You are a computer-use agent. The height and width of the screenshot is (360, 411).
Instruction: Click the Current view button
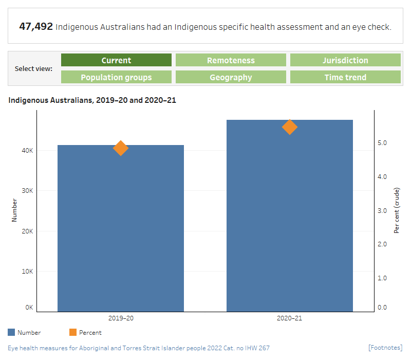116,60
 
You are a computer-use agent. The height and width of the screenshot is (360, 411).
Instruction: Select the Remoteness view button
231,60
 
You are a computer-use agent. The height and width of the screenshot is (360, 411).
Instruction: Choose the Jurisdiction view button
345,60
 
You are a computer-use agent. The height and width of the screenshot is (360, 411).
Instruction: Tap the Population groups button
116,77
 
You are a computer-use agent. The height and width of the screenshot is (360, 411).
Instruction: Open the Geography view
231,77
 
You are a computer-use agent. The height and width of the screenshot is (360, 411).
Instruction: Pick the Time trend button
345,77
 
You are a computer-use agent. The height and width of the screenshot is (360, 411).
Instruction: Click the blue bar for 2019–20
121,231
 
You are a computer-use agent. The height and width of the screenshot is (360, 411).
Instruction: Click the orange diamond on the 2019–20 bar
121,148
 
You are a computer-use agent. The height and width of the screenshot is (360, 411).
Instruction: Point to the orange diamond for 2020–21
290,127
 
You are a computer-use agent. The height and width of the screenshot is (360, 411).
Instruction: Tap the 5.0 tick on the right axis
382,142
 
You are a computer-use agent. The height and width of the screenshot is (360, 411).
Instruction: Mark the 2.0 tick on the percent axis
382,244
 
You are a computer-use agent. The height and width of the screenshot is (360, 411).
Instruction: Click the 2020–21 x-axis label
290,318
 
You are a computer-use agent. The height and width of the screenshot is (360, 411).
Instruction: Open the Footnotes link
385,348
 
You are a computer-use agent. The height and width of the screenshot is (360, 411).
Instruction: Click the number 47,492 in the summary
36,26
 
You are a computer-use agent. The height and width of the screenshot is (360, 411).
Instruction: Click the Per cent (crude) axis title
397,211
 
